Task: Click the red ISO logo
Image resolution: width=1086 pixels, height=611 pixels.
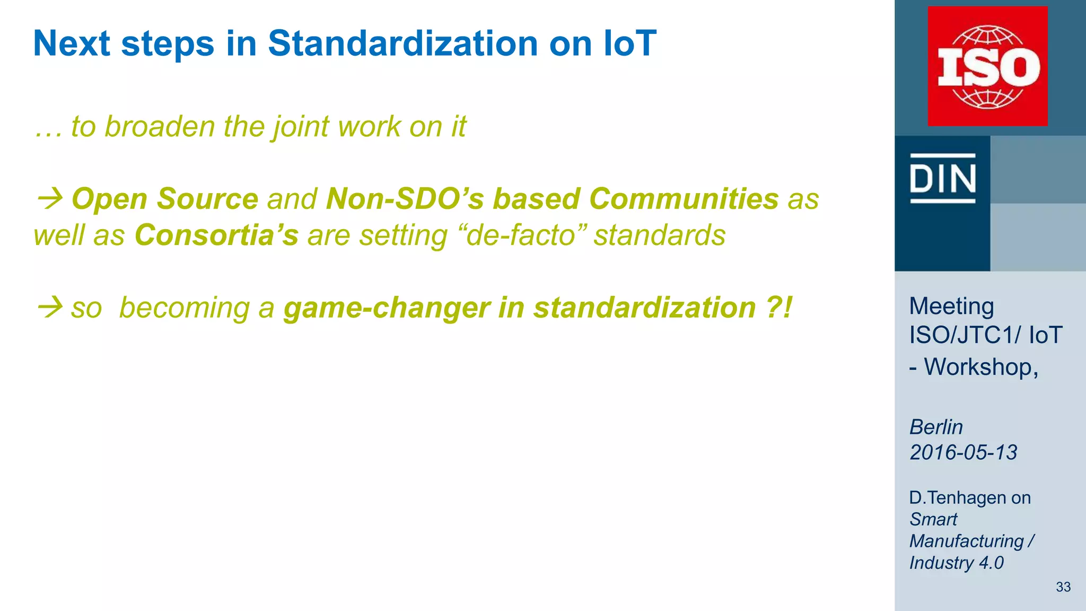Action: point(987,66)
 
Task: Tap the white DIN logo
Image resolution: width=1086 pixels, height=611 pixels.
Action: point(943,178)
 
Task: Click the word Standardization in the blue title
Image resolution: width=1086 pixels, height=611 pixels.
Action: point(402,43)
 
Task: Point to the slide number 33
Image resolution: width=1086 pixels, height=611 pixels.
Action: point(1063,587)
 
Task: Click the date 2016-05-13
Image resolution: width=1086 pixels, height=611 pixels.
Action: point(963,452)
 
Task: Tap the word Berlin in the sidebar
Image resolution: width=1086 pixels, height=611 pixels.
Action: point(936,427)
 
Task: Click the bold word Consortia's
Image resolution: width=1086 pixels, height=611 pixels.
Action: point(216,235)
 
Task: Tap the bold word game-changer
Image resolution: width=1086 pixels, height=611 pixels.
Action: point(386,308)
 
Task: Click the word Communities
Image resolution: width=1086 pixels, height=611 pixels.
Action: point(684,199)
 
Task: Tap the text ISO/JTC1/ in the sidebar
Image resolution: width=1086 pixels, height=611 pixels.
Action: point(965,335)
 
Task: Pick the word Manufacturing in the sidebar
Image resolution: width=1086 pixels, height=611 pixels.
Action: point(966,541)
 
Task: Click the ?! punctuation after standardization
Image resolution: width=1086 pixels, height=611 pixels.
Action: point(779,308)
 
